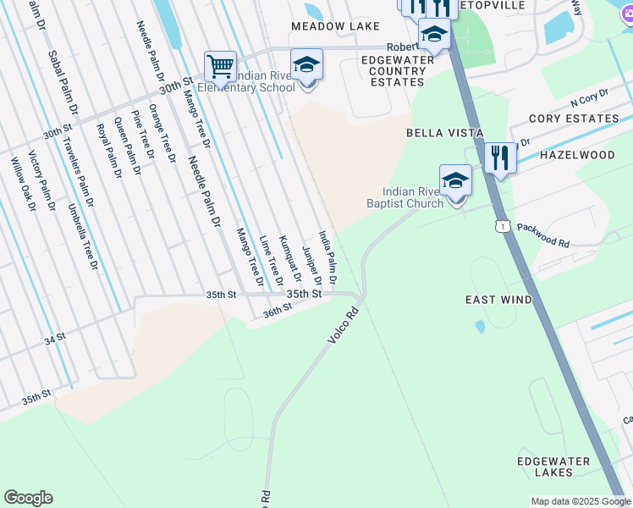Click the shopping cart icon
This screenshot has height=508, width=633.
click(x=220, y=65)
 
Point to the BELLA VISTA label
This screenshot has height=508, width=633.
click(x=445, y=133)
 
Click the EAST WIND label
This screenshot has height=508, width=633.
click(x=499, y=300)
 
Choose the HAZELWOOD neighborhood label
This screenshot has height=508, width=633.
click(x=577, y=156)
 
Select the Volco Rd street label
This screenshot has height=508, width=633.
click(x=344, y=325)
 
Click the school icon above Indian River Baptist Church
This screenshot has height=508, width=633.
click(x=455, y=180)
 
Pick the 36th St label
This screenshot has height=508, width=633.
click(x=277, y=312)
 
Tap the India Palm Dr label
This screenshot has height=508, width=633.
click(x=328, y=256)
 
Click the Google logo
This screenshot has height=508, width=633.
click(x=28, y=498)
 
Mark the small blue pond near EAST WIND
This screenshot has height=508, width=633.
click(x=480, y=326)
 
